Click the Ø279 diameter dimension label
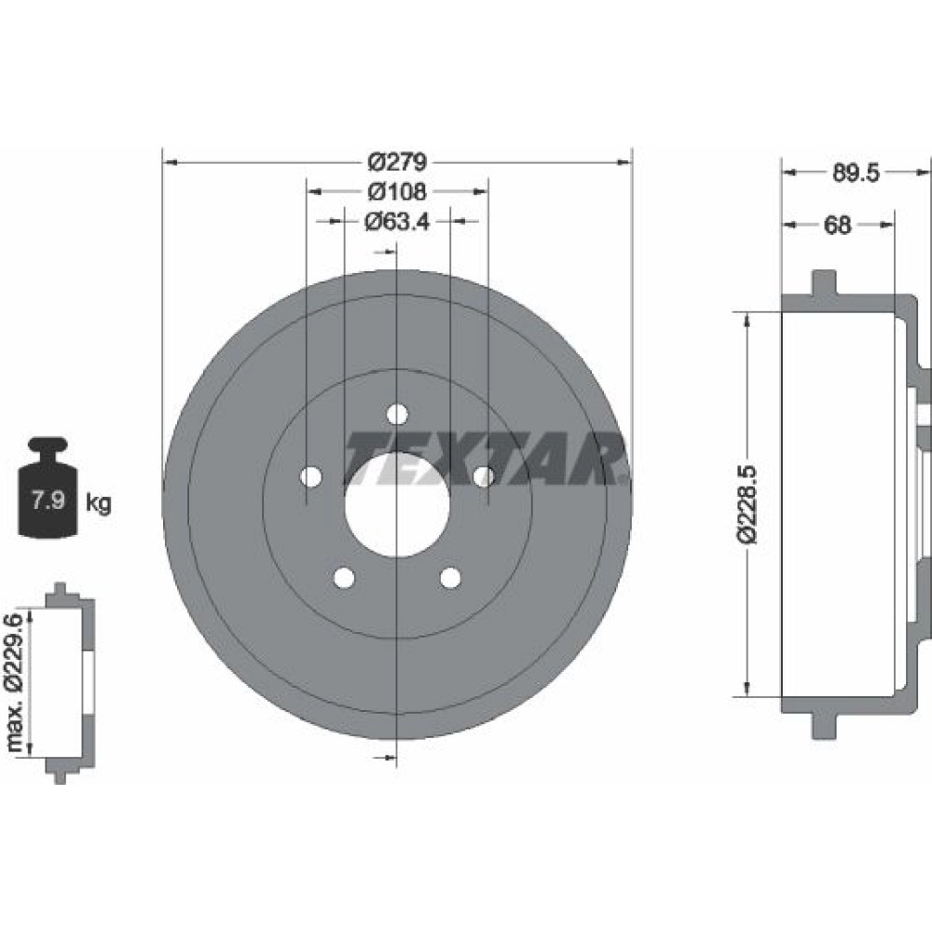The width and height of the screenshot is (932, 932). [397, 163]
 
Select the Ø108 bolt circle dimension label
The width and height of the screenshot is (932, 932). [397, 192]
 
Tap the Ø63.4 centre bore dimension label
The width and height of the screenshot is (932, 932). [397, 222]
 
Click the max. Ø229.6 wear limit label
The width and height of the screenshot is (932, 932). [14, 681]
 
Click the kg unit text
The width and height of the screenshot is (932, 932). [98, 504]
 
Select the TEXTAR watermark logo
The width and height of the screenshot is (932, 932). [485, 458]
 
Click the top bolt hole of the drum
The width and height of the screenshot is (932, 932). [398, 413]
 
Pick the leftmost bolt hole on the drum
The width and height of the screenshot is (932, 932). [311, 476]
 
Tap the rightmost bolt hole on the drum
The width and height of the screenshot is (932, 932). [484, 476]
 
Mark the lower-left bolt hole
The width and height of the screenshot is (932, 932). [344, 578]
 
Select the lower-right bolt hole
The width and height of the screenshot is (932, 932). [451, 578]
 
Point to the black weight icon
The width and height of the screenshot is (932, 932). [48, 487]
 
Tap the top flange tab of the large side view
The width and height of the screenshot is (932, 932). [822, 282]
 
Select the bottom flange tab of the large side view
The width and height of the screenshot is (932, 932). [822, 724]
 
